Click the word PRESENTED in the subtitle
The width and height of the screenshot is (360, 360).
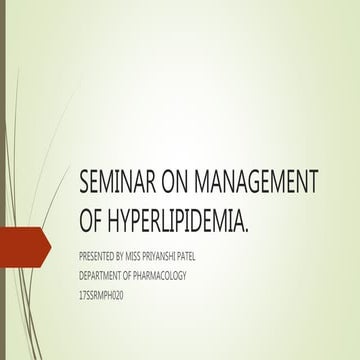click(98, 254)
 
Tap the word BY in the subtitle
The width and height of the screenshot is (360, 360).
click(127, 254)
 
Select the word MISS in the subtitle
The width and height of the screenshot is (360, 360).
click(145, 254)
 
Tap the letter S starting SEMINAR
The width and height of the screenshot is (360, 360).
click(84, 182)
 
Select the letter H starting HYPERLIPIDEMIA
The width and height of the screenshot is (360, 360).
click(117, 218)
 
